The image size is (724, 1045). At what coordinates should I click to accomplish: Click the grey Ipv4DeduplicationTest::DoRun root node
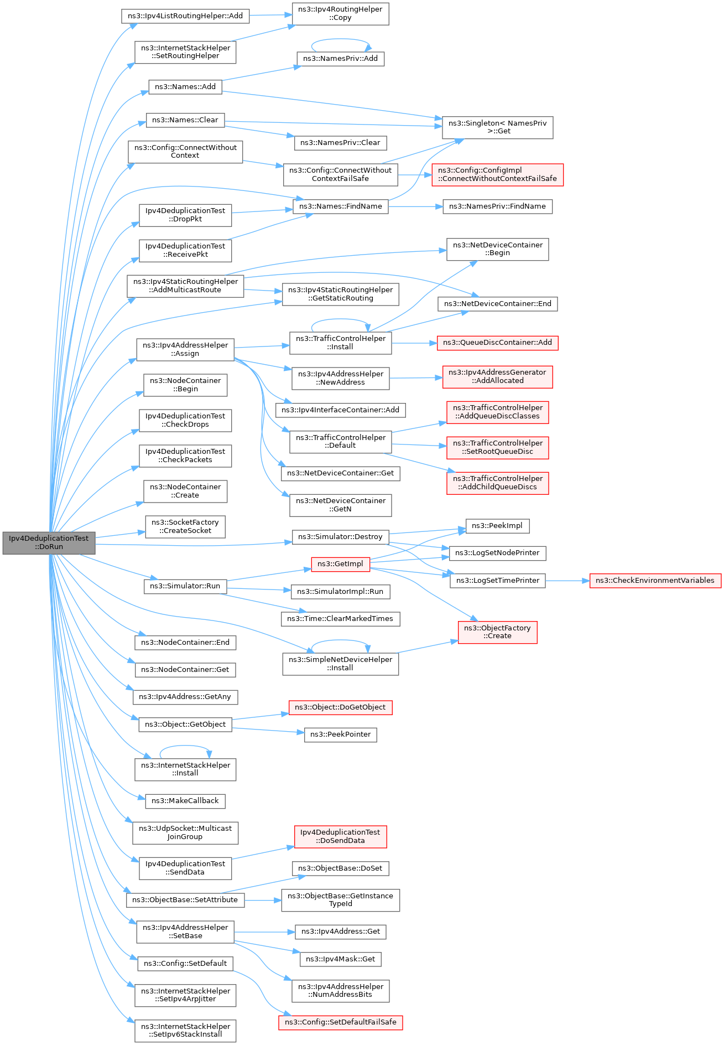(x=49, y=542)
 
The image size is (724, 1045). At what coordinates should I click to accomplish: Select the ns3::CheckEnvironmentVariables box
(x=655, y=581)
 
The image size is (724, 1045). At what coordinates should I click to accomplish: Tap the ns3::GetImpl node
(x=340, y=564)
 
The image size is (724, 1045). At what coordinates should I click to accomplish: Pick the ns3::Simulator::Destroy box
(x=340, y=537)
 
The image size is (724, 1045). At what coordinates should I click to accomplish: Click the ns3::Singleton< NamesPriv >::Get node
(x=497, y=127)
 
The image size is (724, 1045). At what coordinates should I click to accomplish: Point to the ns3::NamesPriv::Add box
(x=340, y=59)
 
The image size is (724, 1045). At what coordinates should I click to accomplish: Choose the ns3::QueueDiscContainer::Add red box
(x=497, y=343)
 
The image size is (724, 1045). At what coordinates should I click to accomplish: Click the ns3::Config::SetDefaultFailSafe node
(x=340, y=1022)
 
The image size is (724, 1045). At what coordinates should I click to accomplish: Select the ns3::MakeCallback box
(x=185, y=801)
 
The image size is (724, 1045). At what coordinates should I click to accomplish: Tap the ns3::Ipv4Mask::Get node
(x=340, y=959)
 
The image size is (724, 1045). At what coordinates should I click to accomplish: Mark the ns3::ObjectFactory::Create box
(x=497, y=632)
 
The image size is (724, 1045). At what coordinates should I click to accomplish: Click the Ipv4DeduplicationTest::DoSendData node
(x=340, y=836)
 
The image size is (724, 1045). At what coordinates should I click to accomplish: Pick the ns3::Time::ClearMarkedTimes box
(x=340, y=619)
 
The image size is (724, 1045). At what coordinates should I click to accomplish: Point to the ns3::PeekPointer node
(x=340, y=734)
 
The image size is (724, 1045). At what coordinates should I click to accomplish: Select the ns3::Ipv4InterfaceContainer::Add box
(x=340, y=410)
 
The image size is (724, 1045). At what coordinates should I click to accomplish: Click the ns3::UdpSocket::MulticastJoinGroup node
(x=185, y=832)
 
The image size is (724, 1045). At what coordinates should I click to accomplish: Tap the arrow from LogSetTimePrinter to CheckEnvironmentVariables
(x=567, y=581)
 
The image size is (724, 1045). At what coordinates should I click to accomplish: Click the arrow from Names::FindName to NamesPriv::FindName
(x=415, y=206)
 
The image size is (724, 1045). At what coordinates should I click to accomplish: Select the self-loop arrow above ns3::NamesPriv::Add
(x=340, y=40)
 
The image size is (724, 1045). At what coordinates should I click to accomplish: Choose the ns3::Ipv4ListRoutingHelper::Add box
(x=185, y=16)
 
